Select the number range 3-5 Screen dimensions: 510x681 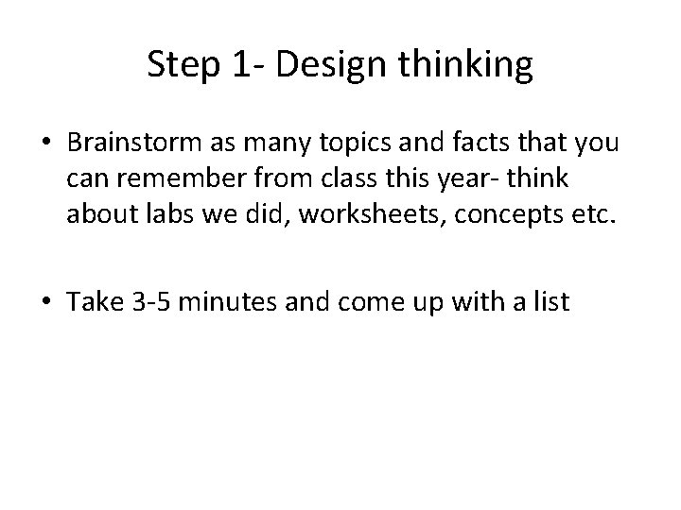[157, 302]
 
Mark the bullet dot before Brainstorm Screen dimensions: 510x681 [46, 144]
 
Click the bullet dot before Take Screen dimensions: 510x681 [46, 303]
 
